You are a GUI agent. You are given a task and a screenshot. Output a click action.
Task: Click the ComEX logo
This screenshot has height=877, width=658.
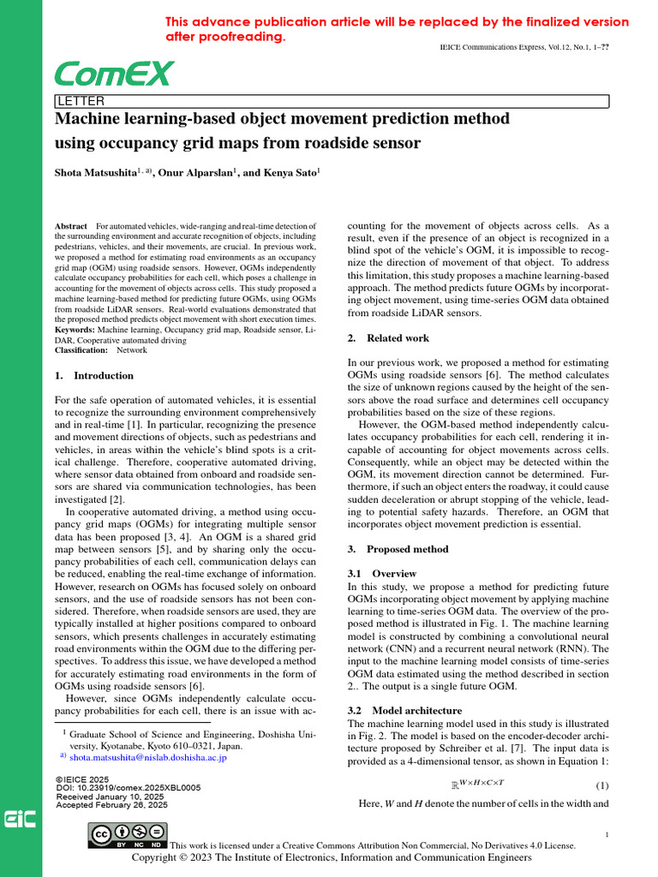coord(114,75)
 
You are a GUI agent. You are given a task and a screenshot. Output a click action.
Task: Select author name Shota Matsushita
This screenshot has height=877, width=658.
coord(95,172)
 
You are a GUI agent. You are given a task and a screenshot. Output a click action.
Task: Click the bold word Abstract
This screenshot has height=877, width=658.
coord(71,227)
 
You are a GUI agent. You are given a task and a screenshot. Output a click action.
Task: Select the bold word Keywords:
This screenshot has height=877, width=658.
coord(75,330)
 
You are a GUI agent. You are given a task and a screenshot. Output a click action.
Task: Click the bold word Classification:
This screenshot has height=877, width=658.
coord(81,350)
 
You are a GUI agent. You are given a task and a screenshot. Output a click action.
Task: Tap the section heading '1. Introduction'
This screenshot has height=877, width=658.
coord(94,375)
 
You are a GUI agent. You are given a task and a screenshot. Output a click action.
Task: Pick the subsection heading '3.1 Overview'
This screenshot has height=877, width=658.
coord(382,573)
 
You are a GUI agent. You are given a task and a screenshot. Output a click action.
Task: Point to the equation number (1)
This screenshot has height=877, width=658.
coord(601,786)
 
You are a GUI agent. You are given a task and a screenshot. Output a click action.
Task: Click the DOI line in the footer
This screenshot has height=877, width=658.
coord(128,787)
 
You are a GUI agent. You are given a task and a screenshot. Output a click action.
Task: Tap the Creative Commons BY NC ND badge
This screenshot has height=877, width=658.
coord(129,837)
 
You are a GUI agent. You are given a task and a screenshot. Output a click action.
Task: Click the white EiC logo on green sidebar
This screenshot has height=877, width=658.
coord(20,820)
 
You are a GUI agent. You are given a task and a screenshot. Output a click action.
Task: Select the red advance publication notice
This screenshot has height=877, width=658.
coord(396,30)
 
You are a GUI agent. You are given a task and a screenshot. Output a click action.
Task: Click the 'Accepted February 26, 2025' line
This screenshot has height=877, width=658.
coord(111,805)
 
